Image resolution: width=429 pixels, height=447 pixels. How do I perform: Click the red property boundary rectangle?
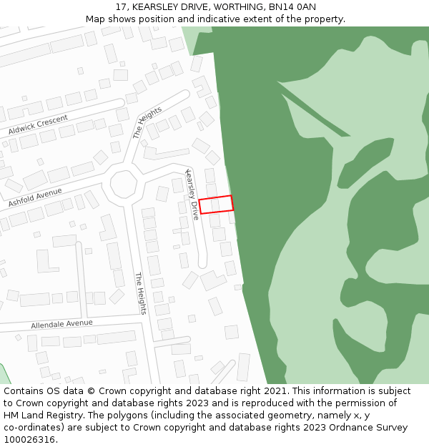[x=216, y=205]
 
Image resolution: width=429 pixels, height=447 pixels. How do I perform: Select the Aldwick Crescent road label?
[x=38, y=124]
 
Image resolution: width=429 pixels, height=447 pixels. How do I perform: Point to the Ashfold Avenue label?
[x=35, y=197]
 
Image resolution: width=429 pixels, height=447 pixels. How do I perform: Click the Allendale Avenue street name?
[x=61, y=324]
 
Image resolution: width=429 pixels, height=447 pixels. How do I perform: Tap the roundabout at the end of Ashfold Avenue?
[x=123, y=185]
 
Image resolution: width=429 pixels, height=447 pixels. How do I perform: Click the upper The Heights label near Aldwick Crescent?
[x=147, y=122]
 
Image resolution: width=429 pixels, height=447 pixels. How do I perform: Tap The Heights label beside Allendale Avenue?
[x=141, y=293]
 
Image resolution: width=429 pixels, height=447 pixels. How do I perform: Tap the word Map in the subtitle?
[x=96, y=19]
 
